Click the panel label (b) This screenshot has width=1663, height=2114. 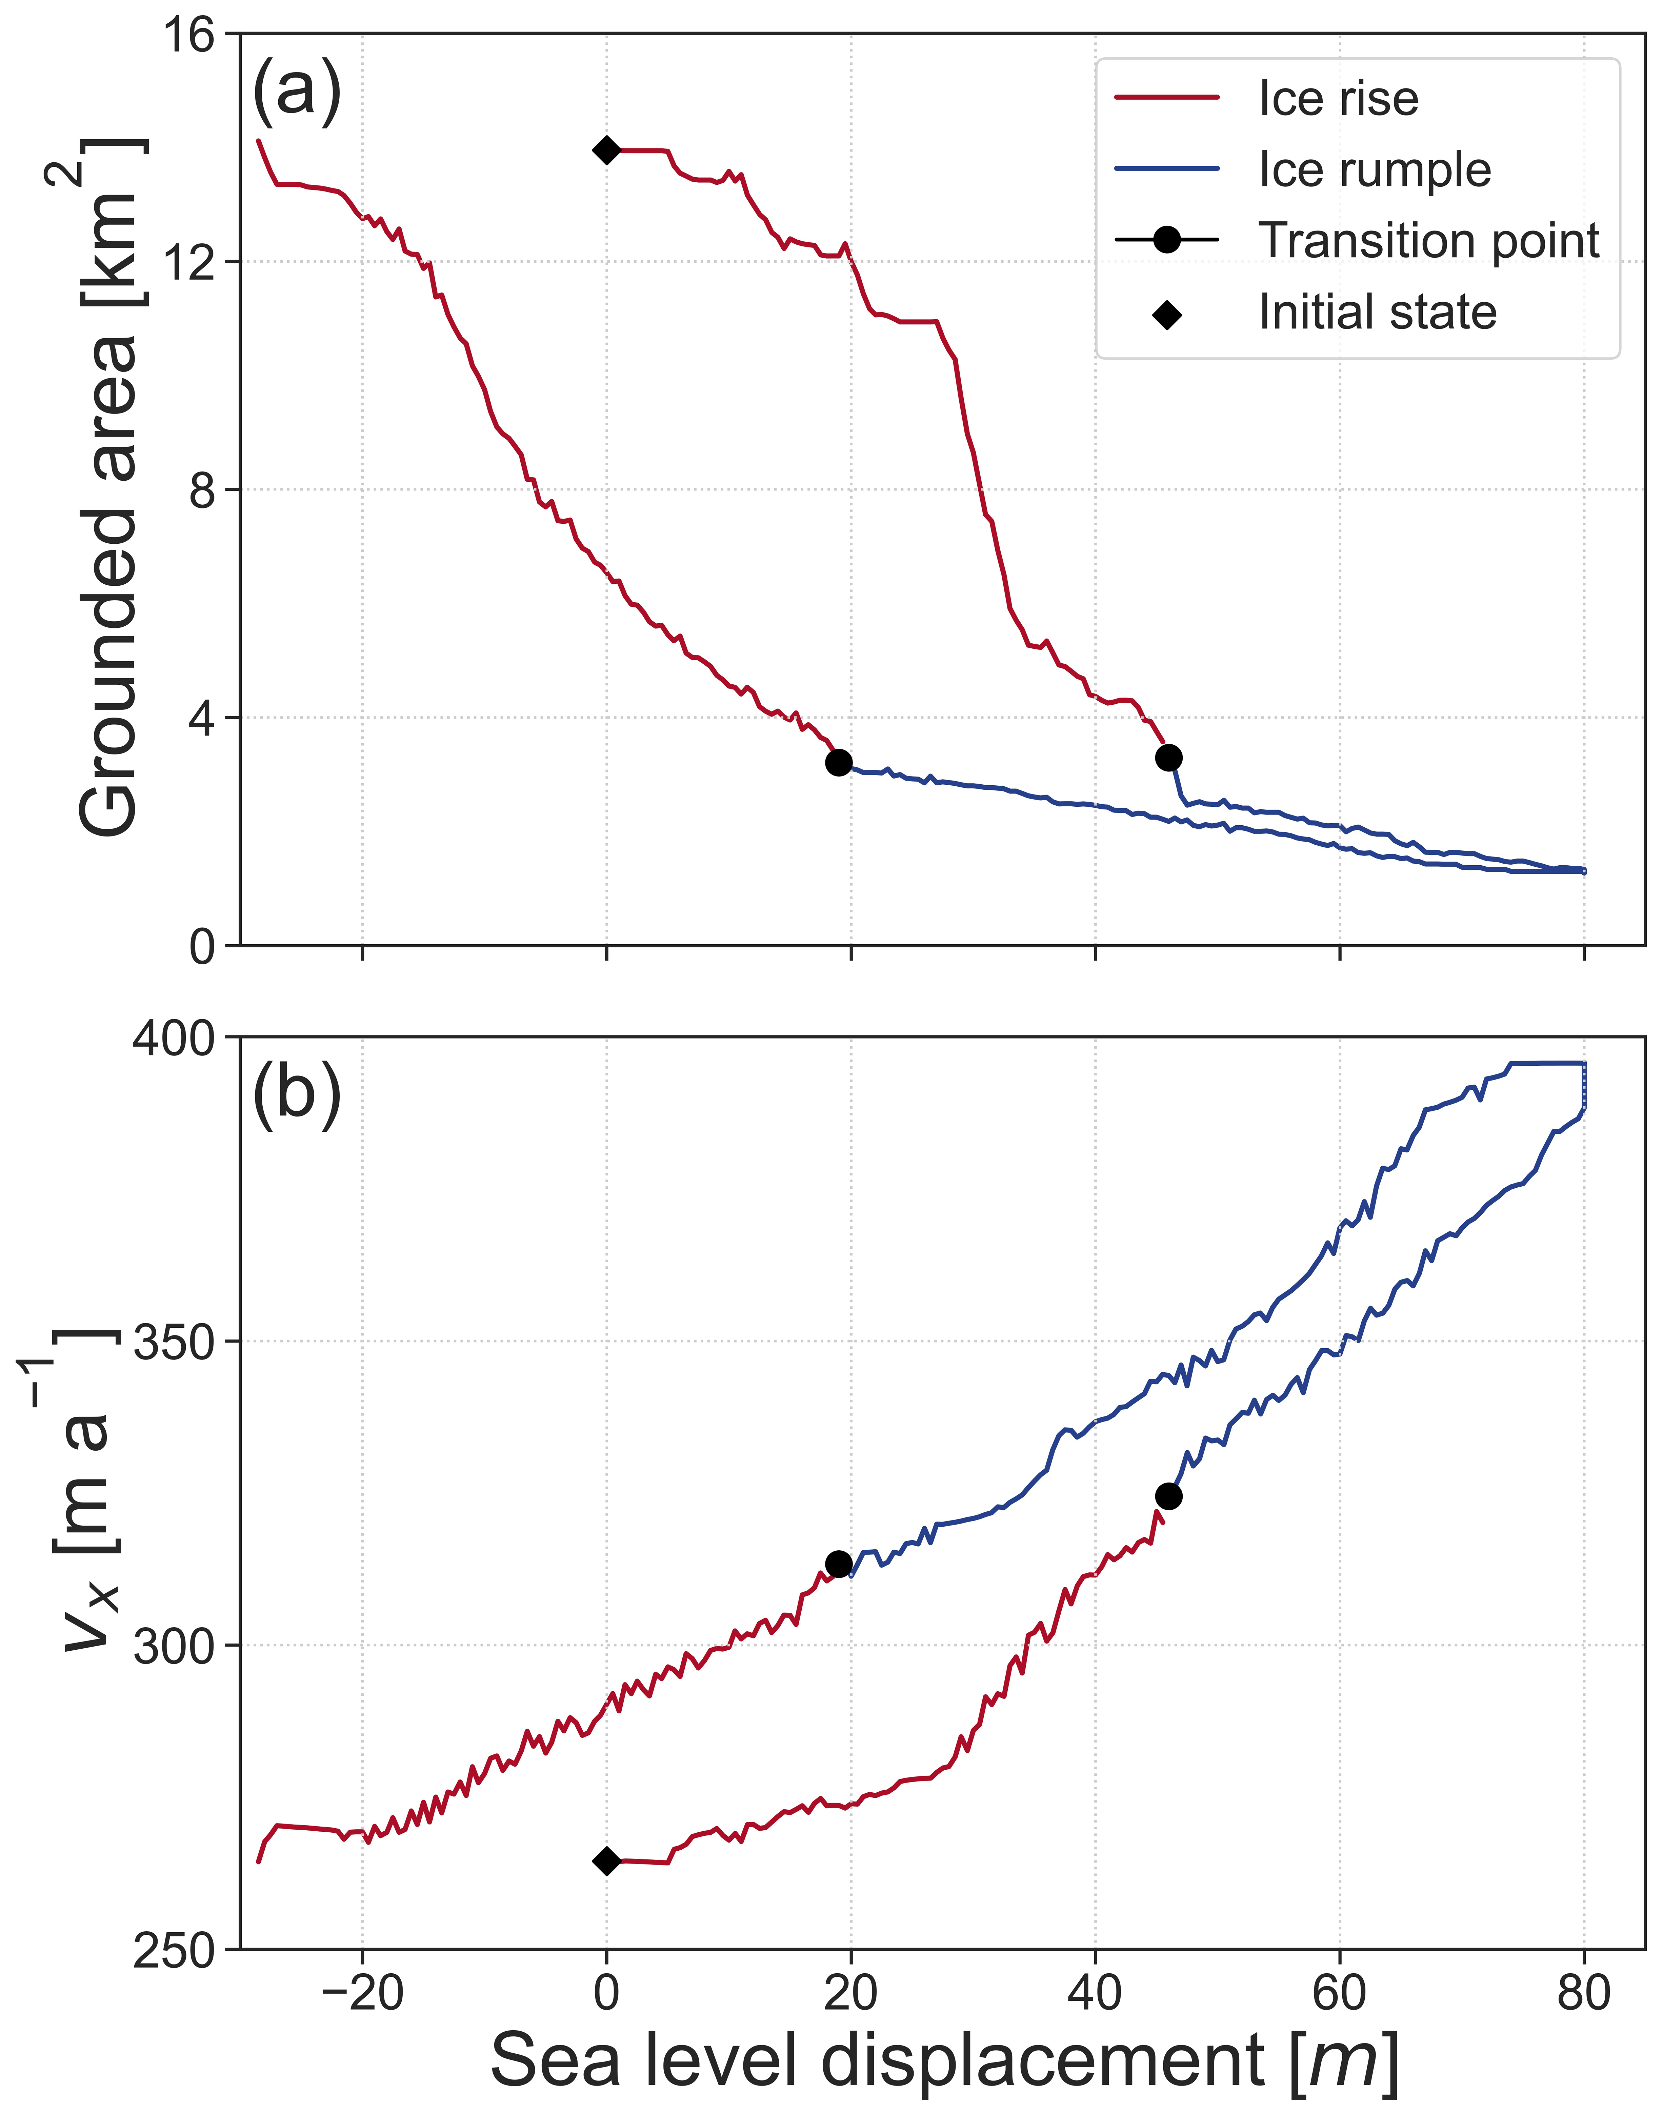(297, 1095)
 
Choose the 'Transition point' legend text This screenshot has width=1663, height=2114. (1428, 240)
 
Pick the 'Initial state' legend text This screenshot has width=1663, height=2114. (1377, 313)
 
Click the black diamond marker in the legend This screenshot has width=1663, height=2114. (1166, 315)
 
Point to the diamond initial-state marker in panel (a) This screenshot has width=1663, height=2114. (606, 150)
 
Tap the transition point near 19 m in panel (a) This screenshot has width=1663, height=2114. (838, 763)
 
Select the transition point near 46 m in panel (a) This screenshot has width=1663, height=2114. (1168, 757)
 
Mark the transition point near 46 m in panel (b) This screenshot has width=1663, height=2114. (1168, 1496)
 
